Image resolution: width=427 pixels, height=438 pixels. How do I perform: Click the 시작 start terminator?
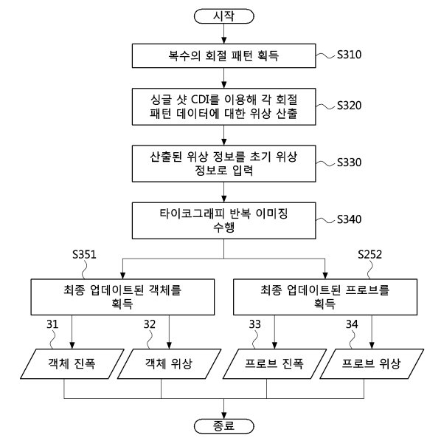tap(224, 16)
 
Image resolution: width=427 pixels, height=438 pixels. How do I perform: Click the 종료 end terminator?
tap(224, 426)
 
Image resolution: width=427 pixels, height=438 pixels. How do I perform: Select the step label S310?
tap(349, 55)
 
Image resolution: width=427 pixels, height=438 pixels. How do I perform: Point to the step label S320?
tap(349, 106)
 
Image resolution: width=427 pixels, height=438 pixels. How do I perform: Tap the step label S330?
tap(349, 162)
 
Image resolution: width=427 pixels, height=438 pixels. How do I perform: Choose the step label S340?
tap(349, 219)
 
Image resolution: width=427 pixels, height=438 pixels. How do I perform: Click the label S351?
tap(84, 255)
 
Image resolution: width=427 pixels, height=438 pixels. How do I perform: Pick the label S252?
tap(369, 255)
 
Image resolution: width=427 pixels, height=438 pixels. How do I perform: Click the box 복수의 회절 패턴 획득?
tap(224, 55)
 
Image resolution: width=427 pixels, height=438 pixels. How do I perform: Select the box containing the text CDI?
tap(224, 106)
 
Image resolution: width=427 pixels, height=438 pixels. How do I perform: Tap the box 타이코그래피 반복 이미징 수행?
tap(224, 221)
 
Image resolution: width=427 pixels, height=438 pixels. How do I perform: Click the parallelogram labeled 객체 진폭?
tap(72, 363)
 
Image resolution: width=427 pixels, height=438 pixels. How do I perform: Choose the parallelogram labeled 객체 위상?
tap(169, 363)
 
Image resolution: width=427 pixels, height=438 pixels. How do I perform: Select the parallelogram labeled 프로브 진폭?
tap(274, 363)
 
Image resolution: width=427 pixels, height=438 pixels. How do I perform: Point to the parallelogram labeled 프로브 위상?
tap(372, 363)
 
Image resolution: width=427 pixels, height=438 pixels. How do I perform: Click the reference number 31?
tap(52, 324)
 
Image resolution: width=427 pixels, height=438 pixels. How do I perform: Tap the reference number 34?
tap(352, 324)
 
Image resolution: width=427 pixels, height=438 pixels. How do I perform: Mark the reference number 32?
tap(150, 324)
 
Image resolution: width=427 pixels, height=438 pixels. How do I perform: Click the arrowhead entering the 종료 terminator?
tap(224, 415)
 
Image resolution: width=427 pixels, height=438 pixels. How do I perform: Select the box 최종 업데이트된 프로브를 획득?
tap(325, 297)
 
